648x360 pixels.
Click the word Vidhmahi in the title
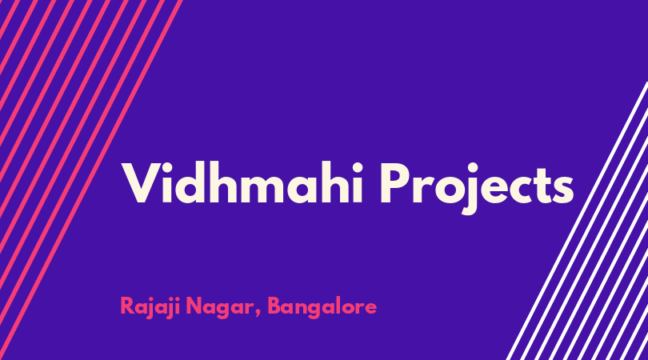[x=242, y=182]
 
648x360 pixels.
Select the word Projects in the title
[x=477, y=188]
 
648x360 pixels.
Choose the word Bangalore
[x=322, y=307]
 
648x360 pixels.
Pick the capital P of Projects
[x=395, y=182]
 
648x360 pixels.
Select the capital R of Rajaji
[x=128, y=306]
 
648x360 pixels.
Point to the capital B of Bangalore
[x=275, y=306]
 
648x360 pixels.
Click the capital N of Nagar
[x=194, y=306]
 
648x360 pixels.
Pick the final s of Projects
[x=562, y=189]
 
